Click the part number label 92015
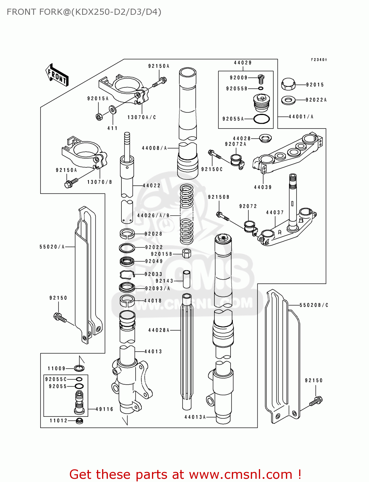pyautogui.click(x=315, y=85)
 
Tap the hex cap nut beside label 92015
pyautogui.click(x=288, y=84)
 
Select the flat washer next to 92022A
pyautogui.click(x=288, y=100)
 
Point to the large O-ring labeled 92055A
pyautogui.click(x=261, y=119)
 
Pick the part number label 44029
pyautogui.click(x=243, y=63)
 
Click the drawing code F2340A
pyautogui.click(x=318, y=60)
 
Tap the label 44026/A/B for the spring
pyautogui.click(x=153, y=216)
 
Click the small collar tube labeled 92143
pyautogui.click(x=187, y=279)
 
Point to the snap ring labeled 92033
pyautogui.click(x=127, y=274)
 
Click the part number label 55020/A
pyautogui.click(x=52, y=247)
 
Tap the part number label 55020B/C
pyautogui.click(x=314, y=305)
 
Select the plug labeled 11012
pyautogui.click(x=79, y=421)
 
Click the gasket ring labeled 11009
pyautogui.click(x=79, y=368)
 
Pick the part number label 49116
pyautogui.click(x=104, y=409)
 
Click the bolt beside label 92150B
pyautogui.click(x=222, y=216)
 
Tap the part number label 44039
pyautogui.click(x=263, y=187)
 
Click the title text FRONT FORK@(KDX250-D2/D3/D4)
pyautogui.click(x=84, y=12)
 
